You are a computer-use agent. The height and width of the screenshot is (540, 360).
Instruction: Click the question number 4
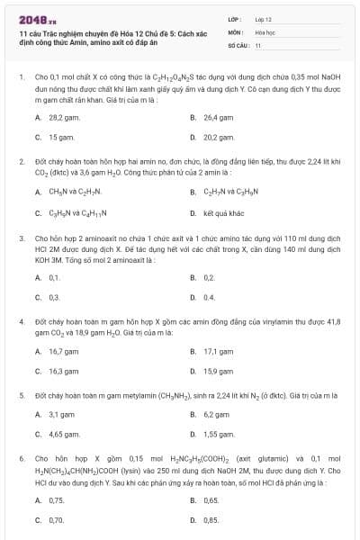point(21,320)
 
